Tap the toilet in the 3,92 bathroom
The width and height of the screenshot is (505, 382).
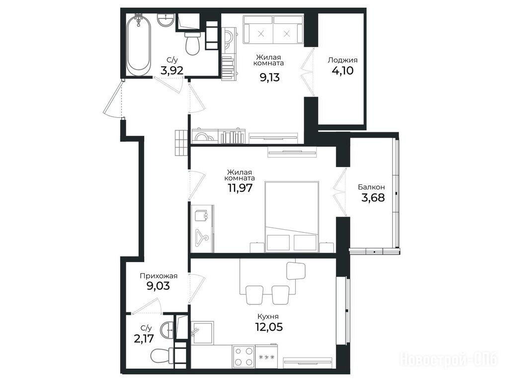[193, 43]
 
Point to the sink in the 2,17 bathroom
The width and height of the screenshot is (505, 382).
[168, 330]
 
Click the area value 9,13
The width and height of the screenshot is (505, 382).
[269, 77]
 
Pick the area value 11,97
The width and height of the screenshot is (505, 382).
[240, 188]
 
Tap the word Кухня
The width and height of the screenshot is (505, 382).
[268, 316]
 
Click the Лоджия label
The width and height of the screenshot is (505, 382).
[342, 60]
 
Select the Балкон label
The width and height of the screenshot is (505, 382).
[371, 187]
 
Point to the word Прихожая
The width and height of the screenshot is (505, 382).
[159, 276]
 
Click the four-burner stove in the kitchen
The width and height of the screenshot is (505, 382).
[243, 356]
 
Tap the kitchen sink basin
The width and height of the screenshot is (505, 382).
[202, 332]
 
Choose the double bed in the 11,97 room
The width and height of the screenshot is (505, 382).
[291, 216]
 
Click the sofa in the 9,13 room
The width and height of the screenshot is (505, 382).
[274, 29]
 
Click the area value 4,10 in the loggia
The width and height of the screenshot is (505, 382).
[342, 70]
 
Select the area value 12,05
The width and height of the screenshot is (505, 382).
[269, 327]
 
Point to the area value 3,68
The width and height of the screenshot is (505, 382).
[373, 197]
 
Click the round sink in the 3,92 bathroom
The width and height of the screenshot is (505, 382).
[166, 20]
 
